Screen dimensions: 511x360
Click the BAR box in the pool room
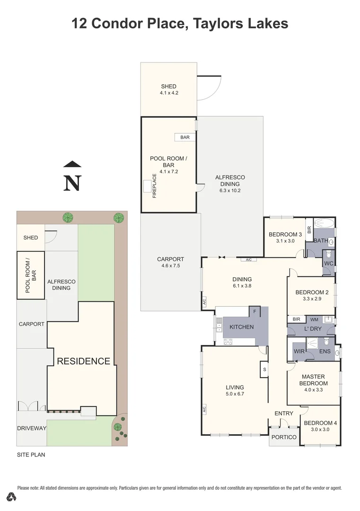pyautogui.click(x=185, y=137)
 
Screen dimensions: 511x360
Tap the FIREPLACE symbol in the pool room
pyautogui.click(x=149, y=186)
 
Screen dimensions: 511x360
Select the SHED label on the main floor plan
pyautogui.click(x=168, y=87)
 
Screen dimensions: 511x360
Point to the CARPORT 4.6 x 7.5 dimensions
pyautogui.click(x=170, y=266)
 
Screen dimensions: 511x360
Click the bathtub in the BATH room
pyautogui.click(x=324, y=223)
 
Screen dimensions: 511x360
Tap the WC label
pyautogui.click(x=328, y=263)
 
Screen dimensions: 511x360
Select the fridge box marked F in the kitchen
pyautogui.click(x=255, y=311)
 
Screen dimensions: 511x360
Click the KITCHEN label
pyautogui.click(x=241, y=327)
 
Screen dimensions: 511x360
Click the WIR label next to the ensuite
pyautogui.click(x=299, y=352)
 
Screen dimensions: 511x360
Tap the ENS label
pyautogui.click(x=325, y=352)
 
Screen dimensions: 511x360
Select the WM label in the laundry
pyautogui.click(x=314, y=319)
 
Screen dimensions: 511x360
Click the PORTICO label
pyautogui.click(x=284, y=437)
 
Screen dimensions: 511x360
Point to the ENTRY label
pyautogui.click(x=284, y=414)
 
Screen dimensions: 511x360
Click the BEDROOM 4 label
pyautogui.click(x=320, y=423)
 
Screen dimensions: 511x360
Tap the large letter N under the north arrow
pyautogui.click(x=72, y=184)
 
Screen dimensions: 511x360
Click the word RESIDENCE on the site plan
pyautogui.click(x=83, y=361)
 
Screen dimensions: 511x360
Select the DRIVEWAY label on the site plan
pyautogui.click(x=32, y=428)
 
